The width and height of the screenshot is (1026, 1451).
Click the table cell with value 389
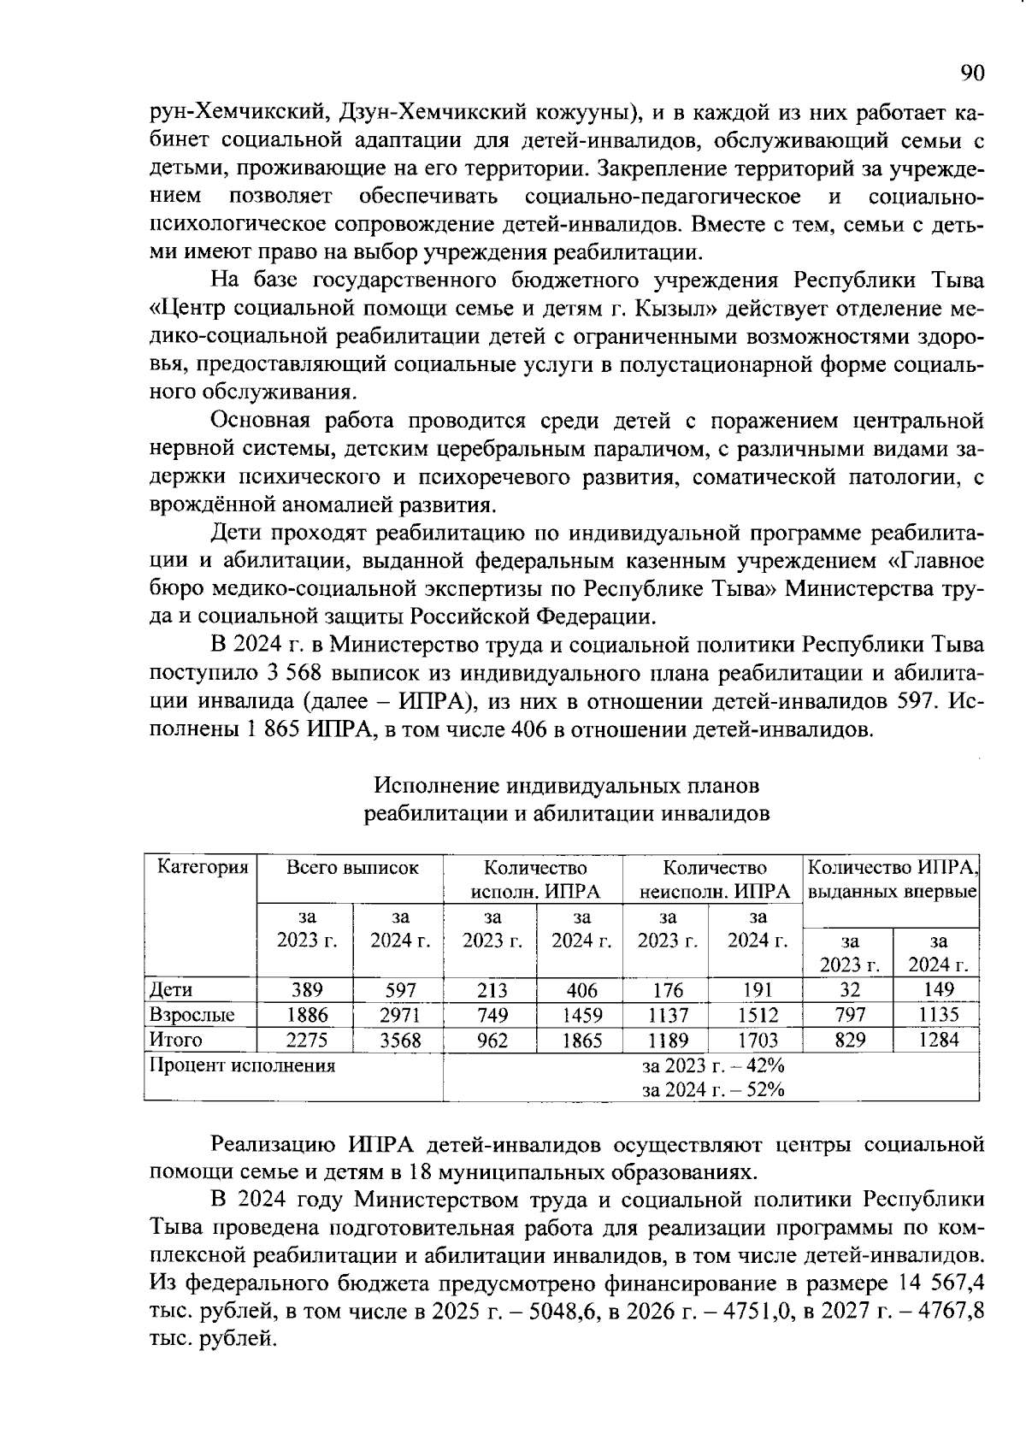[305, 989]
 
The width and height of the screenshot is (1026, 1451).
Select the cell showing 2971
[399, 1015]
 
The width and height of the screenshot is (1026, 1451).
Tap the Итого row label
[176, 1040]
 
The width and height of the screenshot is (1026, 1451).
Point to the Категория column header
[203, 867]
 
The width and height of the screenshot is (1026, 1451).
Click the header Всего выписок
[352, 867]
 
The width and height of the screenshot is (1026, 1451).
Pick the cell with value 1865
[581, 1040]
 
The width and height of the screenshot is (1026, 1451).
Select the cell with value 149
[938, 989]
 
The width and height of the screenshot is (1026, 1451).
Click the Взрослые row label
[192, 1015]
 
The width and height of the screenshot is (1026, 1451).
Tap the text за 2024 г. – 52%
[714, 1088]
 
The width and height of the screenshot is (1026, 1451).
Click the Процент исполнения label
[243, 1065]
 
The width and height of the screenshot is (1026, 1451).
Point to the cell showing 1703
[758, 1040]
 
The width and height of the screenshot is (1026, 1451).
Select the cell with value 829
[849, 1040]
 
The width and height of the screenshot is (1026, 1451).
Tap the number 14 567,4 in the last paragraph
[937, 1283]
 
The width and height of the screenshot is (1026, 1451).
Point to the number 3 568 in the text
[293, 673]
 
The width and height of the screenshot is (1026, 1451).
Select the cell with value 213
[492, 989]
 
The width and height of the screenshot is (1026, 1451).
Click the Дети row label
[171, 989]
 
